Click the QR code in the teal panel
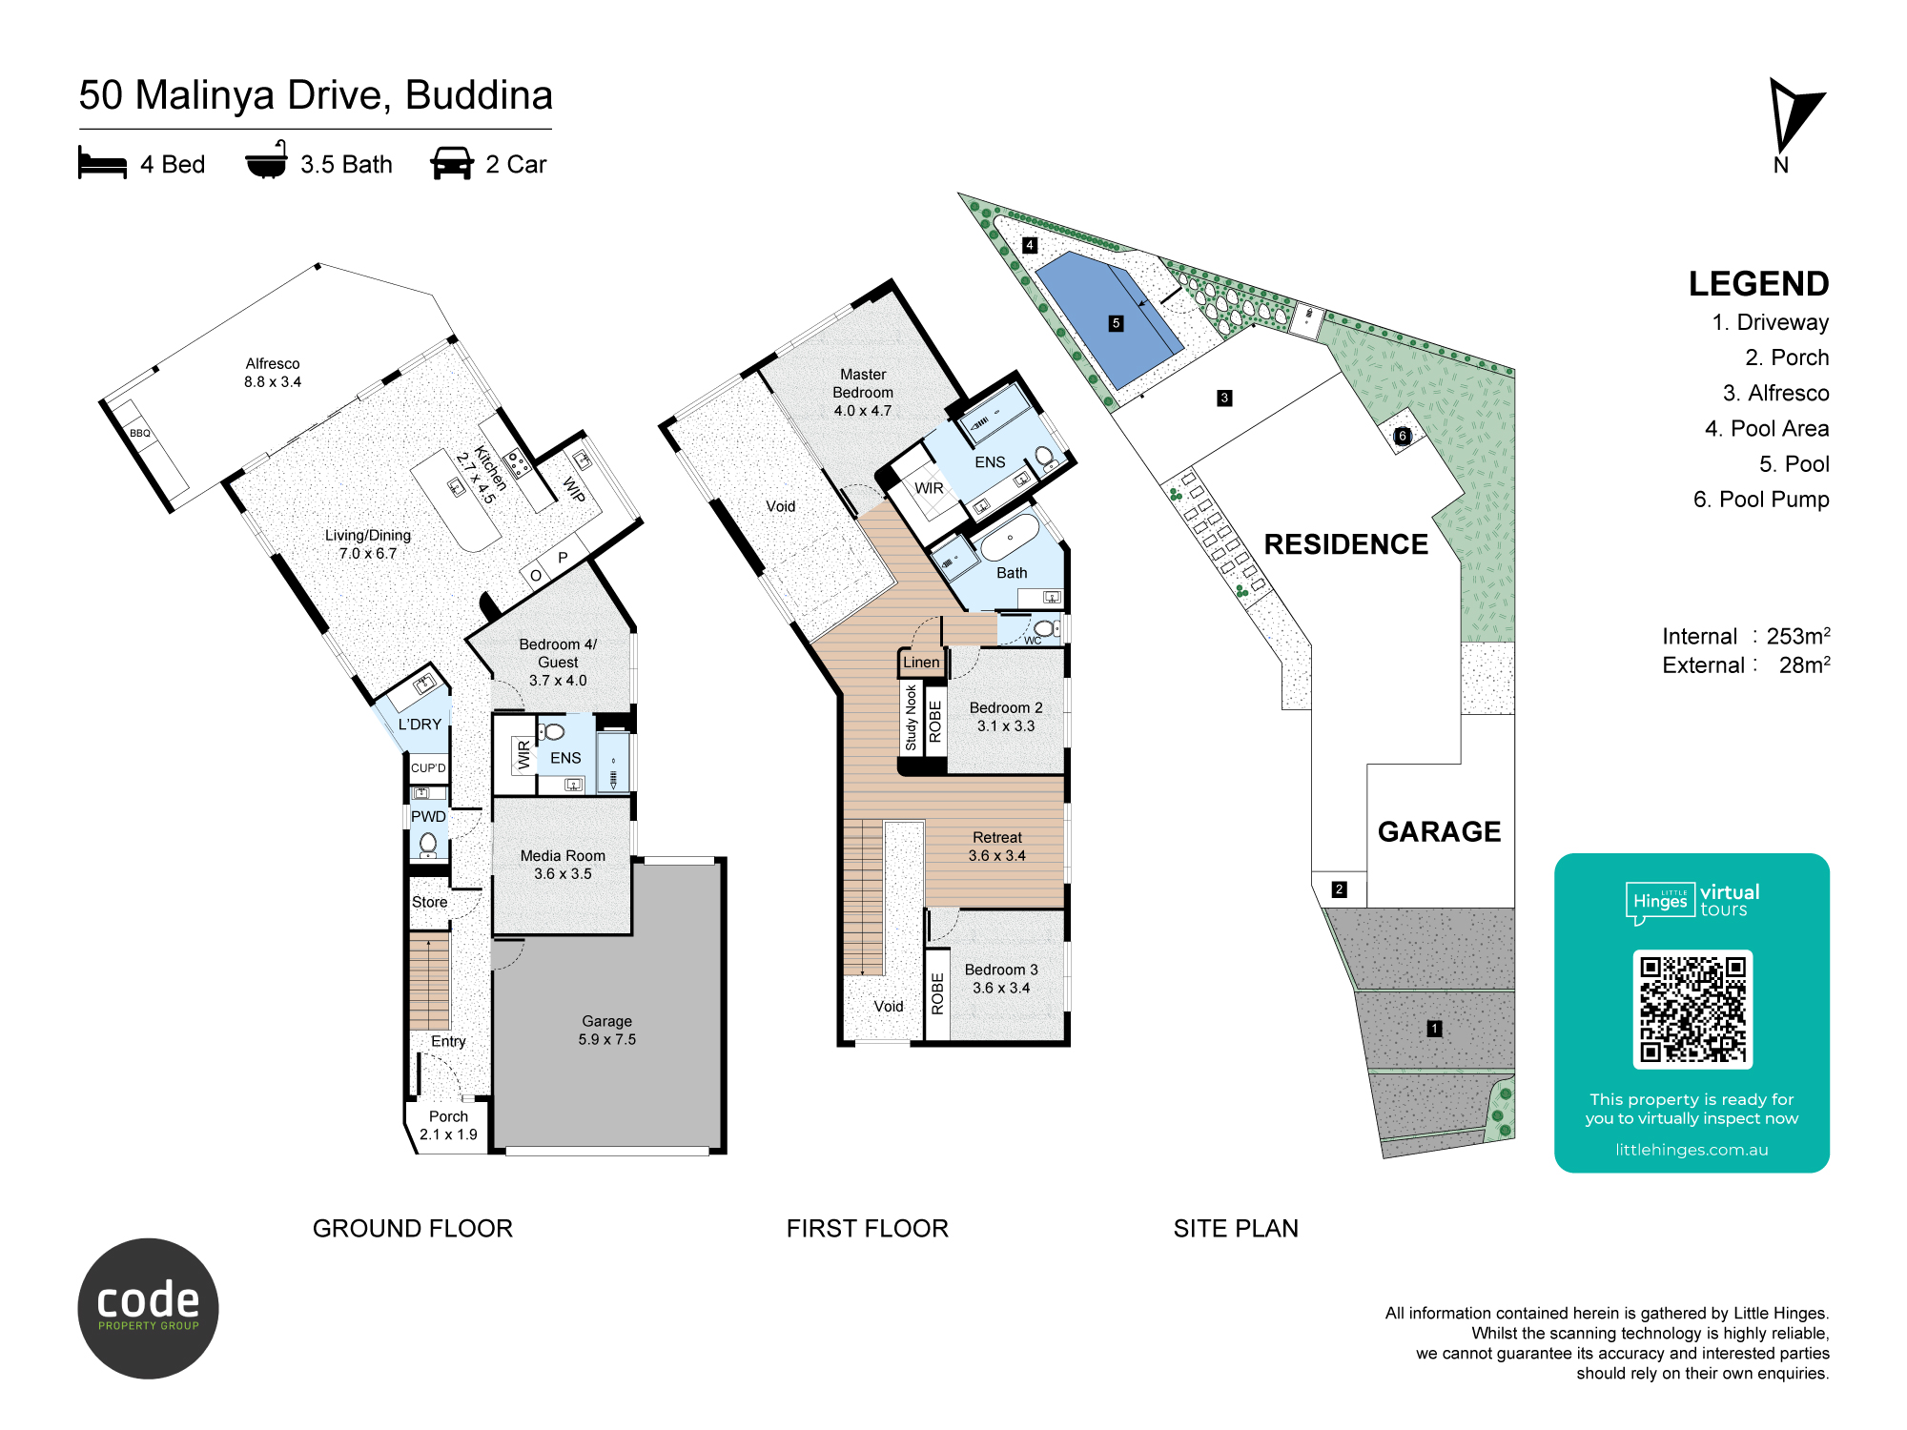click(x=1692, y=1009)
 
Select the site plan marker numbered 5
click(x=1116, y=323)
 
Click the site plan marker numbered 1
click(x=1434, y=1028)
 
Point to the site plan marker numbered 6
click(x=1402, y=436)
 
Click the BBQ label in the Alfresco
click(x=140, y=433)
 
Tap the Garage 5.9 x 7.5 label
click(x=607, y=1031)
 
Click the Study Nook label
click(x=911, y=718)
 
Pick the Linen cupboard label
click(x=921, y=663)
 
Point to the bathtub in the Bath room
click(x=1010, y=538)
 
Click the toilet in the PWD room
click(x=428, y=845)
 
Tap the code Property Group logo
click(x=148, y=1308)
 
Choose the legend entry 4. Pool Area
click(x=1767, y=429)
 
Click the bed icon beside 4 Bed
click(x=102, y=163)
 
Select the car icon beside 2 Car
click(x=452, y=163)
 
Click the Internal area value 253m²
click(x=1798, y=636)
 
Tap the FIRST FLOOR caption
click(x=868, y=1229)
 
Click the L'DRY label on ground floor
click(x=420, y=725)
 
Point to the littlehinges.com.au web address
click(x=1692, y=1150)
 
